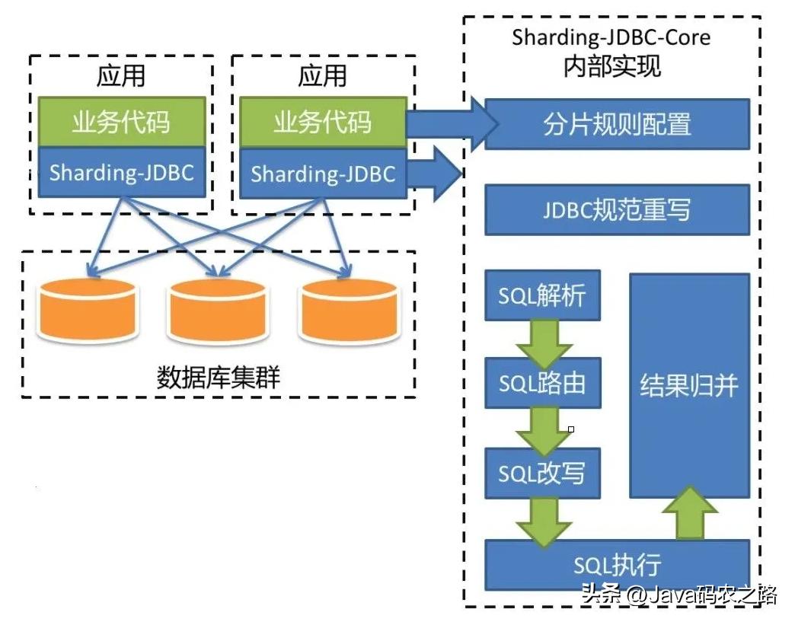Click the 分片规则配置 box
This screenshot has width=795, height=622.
617,123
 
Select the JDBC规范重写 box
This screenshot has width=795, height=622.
617,209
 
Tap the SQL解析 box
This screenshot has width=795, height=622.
542,295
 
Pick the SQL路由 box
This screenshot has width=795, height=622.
542,383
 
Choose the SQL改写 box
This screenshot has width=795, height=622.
542,473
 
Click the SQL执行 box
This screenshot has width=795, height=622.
617,564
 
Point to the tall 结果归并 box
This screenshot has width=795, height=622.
689,384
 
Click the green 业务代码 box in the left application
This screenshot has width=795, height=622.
121,122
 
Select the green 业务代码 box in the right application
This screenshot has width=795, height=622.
323,122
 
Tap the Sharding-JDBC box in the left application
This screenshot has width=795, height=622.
121,172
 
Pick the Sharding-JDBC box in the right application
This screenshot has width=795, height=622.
323,174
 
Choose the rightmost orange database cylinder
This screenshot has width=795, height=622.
349,310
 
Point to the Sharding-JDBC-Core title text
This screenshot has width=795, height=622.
611,37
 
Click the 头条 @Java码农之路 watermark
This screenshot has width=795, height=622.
678,594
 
